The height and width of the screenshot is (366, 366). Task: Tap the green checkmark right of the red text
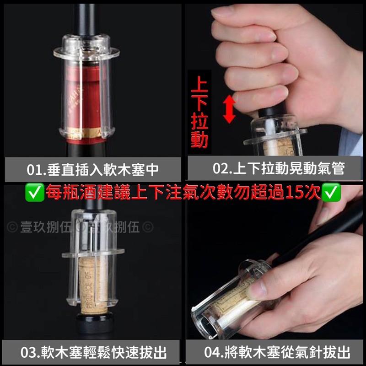tap(331, 193)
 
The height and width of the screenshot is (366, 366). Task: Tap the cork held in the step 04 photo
tap(233, 297)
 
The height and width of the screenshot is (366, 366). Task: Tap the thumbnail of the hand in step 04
tap(259, 289)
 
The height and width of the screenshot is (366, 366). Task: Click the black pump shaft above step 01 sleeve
tap(86, 23)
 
